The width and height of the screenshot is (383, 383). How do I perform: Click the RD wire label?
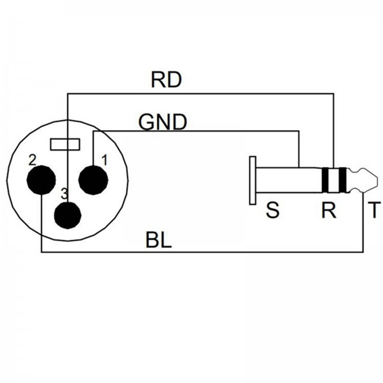point(166,81)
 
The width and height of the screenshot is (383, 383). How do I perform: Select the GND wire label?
point(163,123)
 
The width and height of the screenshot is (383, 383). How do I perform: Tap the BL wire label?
point(159,240)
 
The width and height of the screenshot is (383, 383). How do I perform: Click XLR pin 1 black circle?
point(93,180)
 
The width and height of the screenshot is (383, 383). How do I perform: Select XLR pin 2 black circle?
point(41,180)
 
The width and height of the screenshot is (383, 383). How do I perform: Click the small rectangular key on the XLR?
point(65,144)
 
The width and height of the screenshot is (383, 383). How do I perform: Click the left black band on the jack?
point(325,180)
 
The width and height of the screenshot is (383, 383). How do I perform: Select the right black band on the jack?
point(343,180)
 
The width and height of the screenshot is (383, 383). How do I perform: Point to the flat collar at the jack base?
point(252,180)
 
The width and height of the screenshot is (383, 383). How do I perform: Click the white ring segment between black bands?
point(334,180)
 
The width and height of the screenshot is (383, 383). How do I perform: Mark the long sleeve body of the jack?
point(287,180)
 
